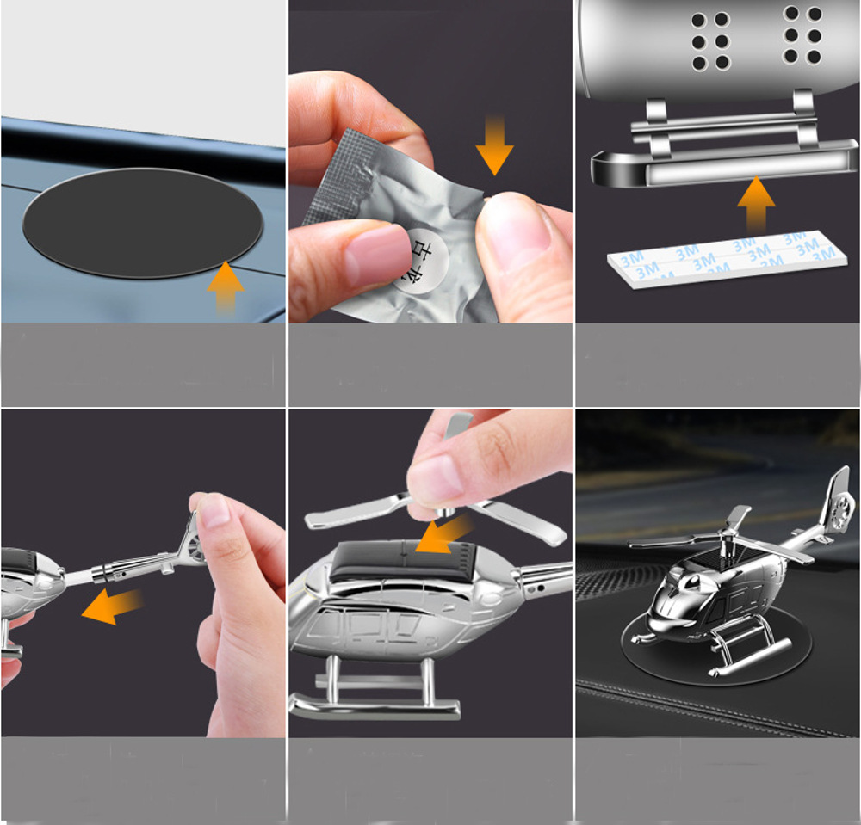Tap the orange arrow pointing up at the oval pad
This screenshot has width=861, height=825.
click(x=225, y=286)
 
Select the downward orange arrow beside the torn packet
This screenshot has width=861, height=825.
click(x=494, y=147)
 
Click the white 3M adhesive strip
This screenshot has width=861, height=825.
click(x=723, y=258)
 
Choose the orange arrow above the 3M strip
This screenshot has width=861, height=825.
click(x=755, y=203)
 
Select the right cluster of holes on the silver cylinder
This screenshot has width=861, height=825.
click(x=802, y=35)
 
